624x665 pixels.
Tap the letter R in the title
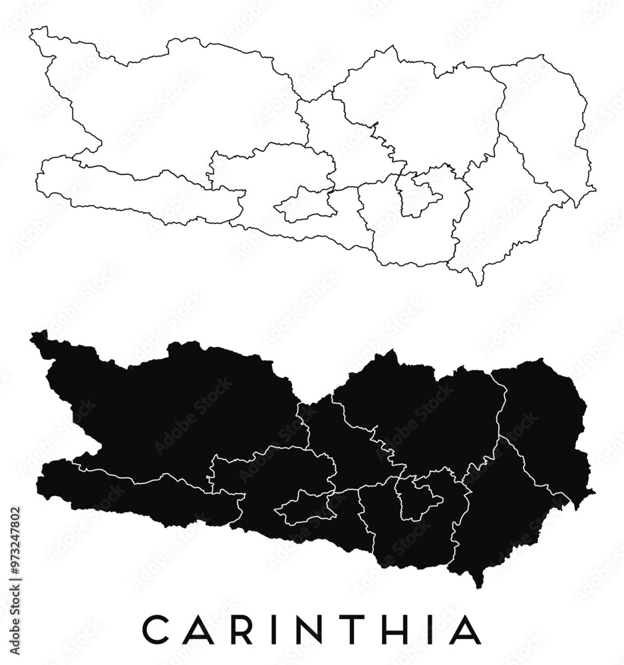pos(242,630)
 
